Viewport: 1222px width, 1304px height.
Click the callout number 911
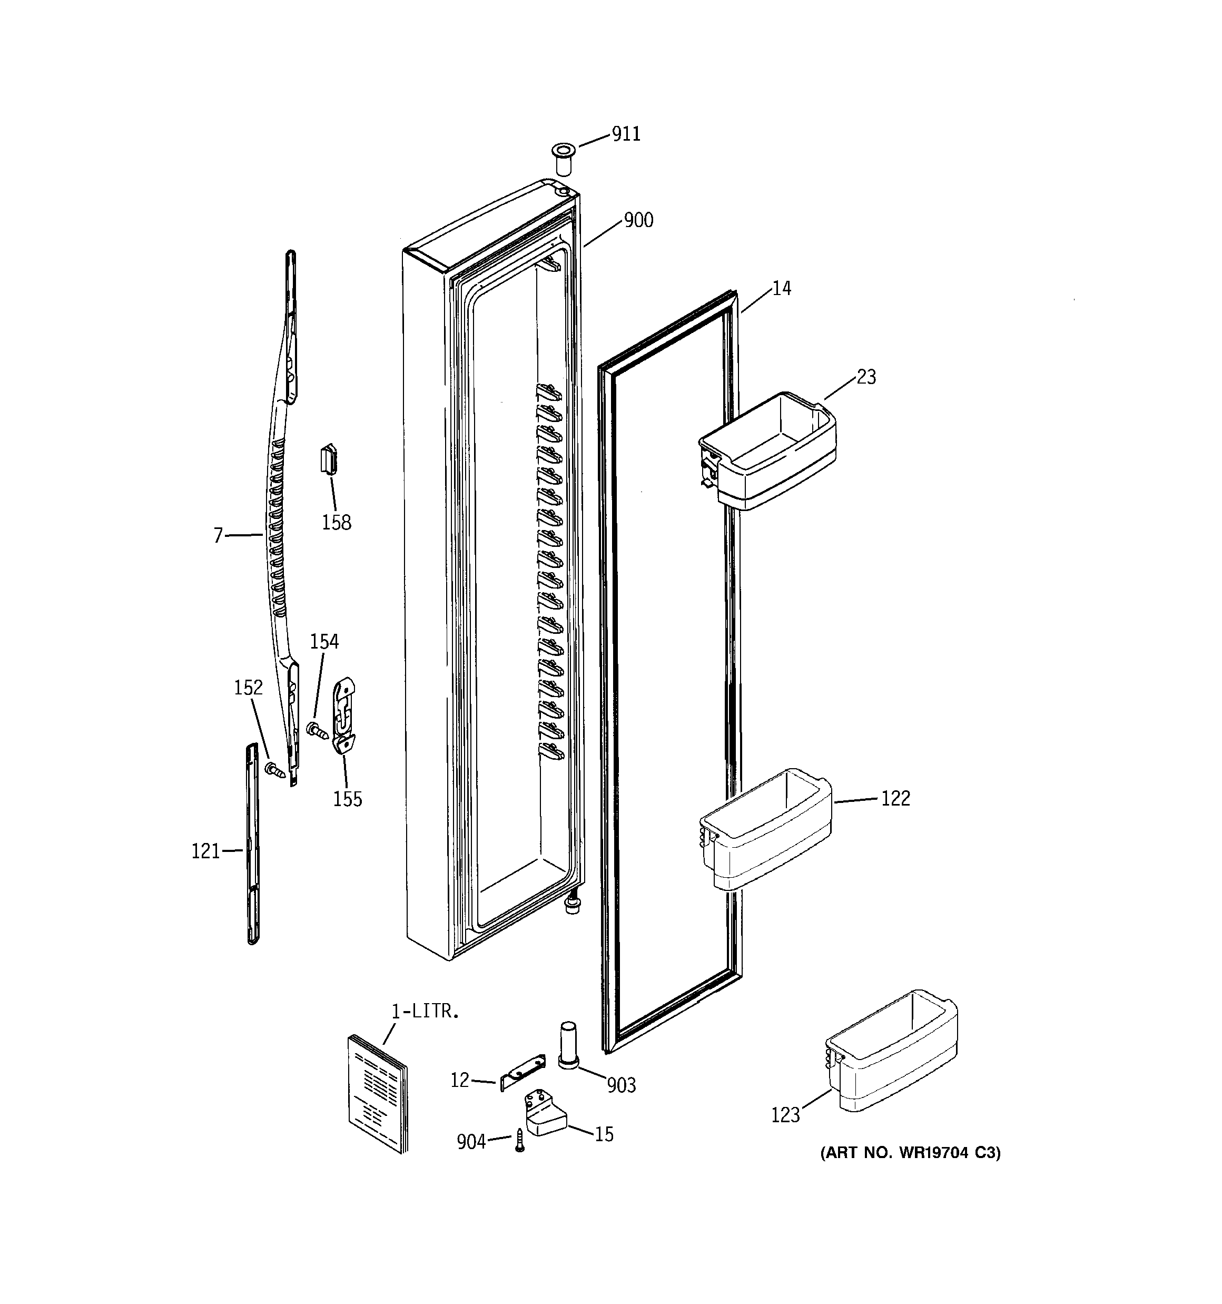(x=626, y=134)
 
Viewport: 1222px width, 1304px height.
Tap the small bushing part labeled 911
(x=562, y=158)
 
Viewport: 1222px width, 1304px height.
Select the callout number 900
(x=638, y=220)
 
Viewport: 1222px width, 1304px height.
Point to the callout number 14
(x=781, y=288)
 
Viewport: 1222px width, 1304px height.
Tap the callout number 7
(x=219, y=536)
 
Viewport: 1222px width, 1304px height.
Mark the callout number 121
(x=205, y=851)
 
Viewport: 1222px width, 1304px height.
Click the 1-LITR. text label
(x=425, y=1012)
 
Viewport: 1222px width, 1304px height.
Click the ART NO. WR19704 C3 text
(x=910, y=1153)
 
